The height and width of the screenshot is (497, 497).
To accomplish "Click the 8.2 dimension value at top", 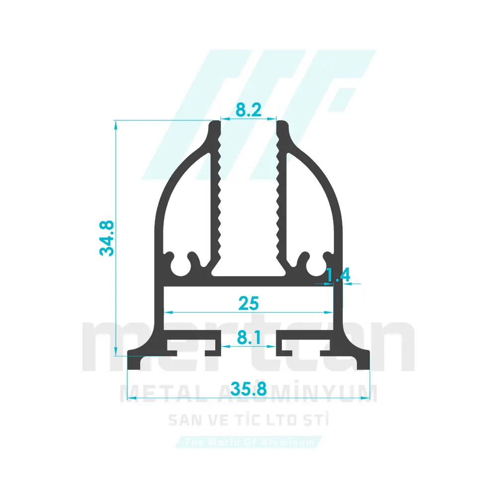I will (248, 109).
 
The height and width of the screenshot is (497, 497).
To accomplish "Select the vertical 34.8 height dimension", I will (107, 238).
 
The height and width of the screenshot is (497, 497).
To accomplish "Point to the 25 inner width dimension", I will (248, 302).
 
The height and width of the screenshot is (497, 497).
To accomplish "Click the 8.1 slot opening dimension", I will (248, 338).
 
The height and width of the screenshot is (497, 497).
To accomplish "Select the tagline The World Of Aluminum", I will (248, 442).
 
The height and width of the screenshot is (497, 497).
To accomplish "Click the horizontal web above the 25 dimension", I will (248, 281).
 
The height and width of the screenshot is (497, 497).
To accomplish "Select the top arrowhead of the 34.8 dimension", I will (116, 124).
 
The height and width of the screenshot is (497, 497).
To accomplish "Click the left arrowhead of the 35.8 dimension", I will (131, 390).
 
